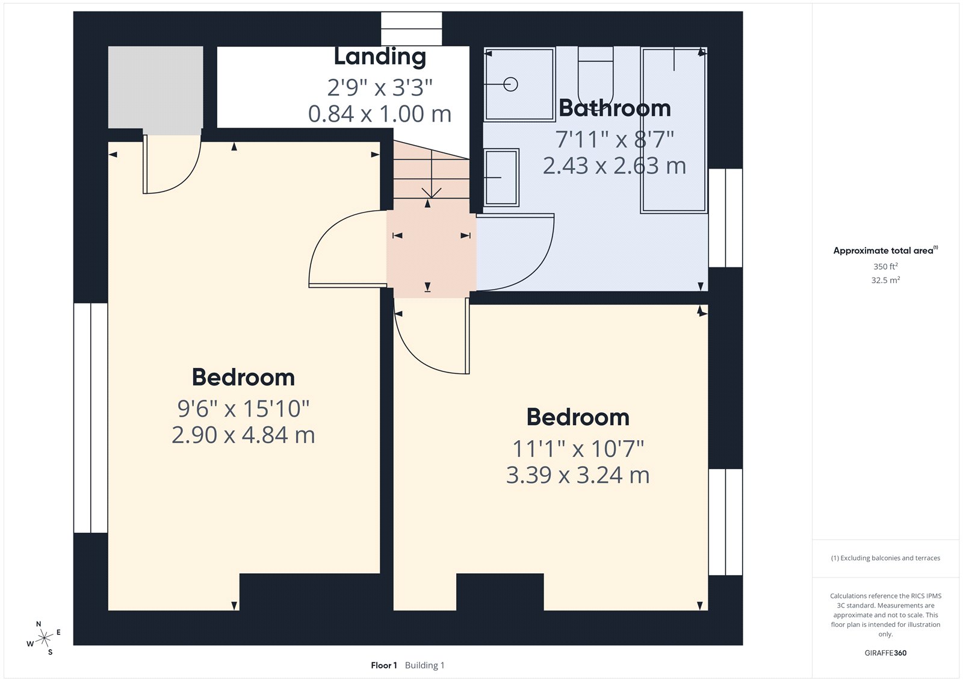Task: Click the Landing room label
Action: point(380,57)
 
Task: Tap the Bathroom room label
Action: point(614,108)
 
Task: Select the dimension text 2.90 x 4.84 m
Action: point(243,435)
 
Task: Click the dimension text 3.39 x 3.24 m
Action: point(578,475)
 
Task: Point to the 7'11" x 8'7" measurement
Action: point(614,140)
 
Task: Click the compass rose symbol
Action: point(44,638)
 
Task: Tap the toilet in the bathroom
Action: point(595,75)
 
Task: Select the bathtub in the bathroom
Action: point(673,130)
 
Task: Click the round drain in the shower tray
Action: point(511,84)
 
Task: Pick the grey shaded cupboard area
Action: point(155,87)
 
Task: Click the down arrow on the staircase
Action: point(432,191)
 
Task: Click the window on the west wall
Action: point(90,417)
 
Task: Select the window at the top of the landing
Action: point(412,28)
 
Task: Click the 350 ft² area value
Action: point(885,266)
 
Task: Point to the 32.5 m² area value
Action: point(885,280)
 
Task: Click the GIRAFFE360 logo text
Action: point(885,653)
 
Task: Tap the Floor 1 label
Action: point(384,665)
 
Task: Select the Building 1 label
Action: point(424,665)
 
